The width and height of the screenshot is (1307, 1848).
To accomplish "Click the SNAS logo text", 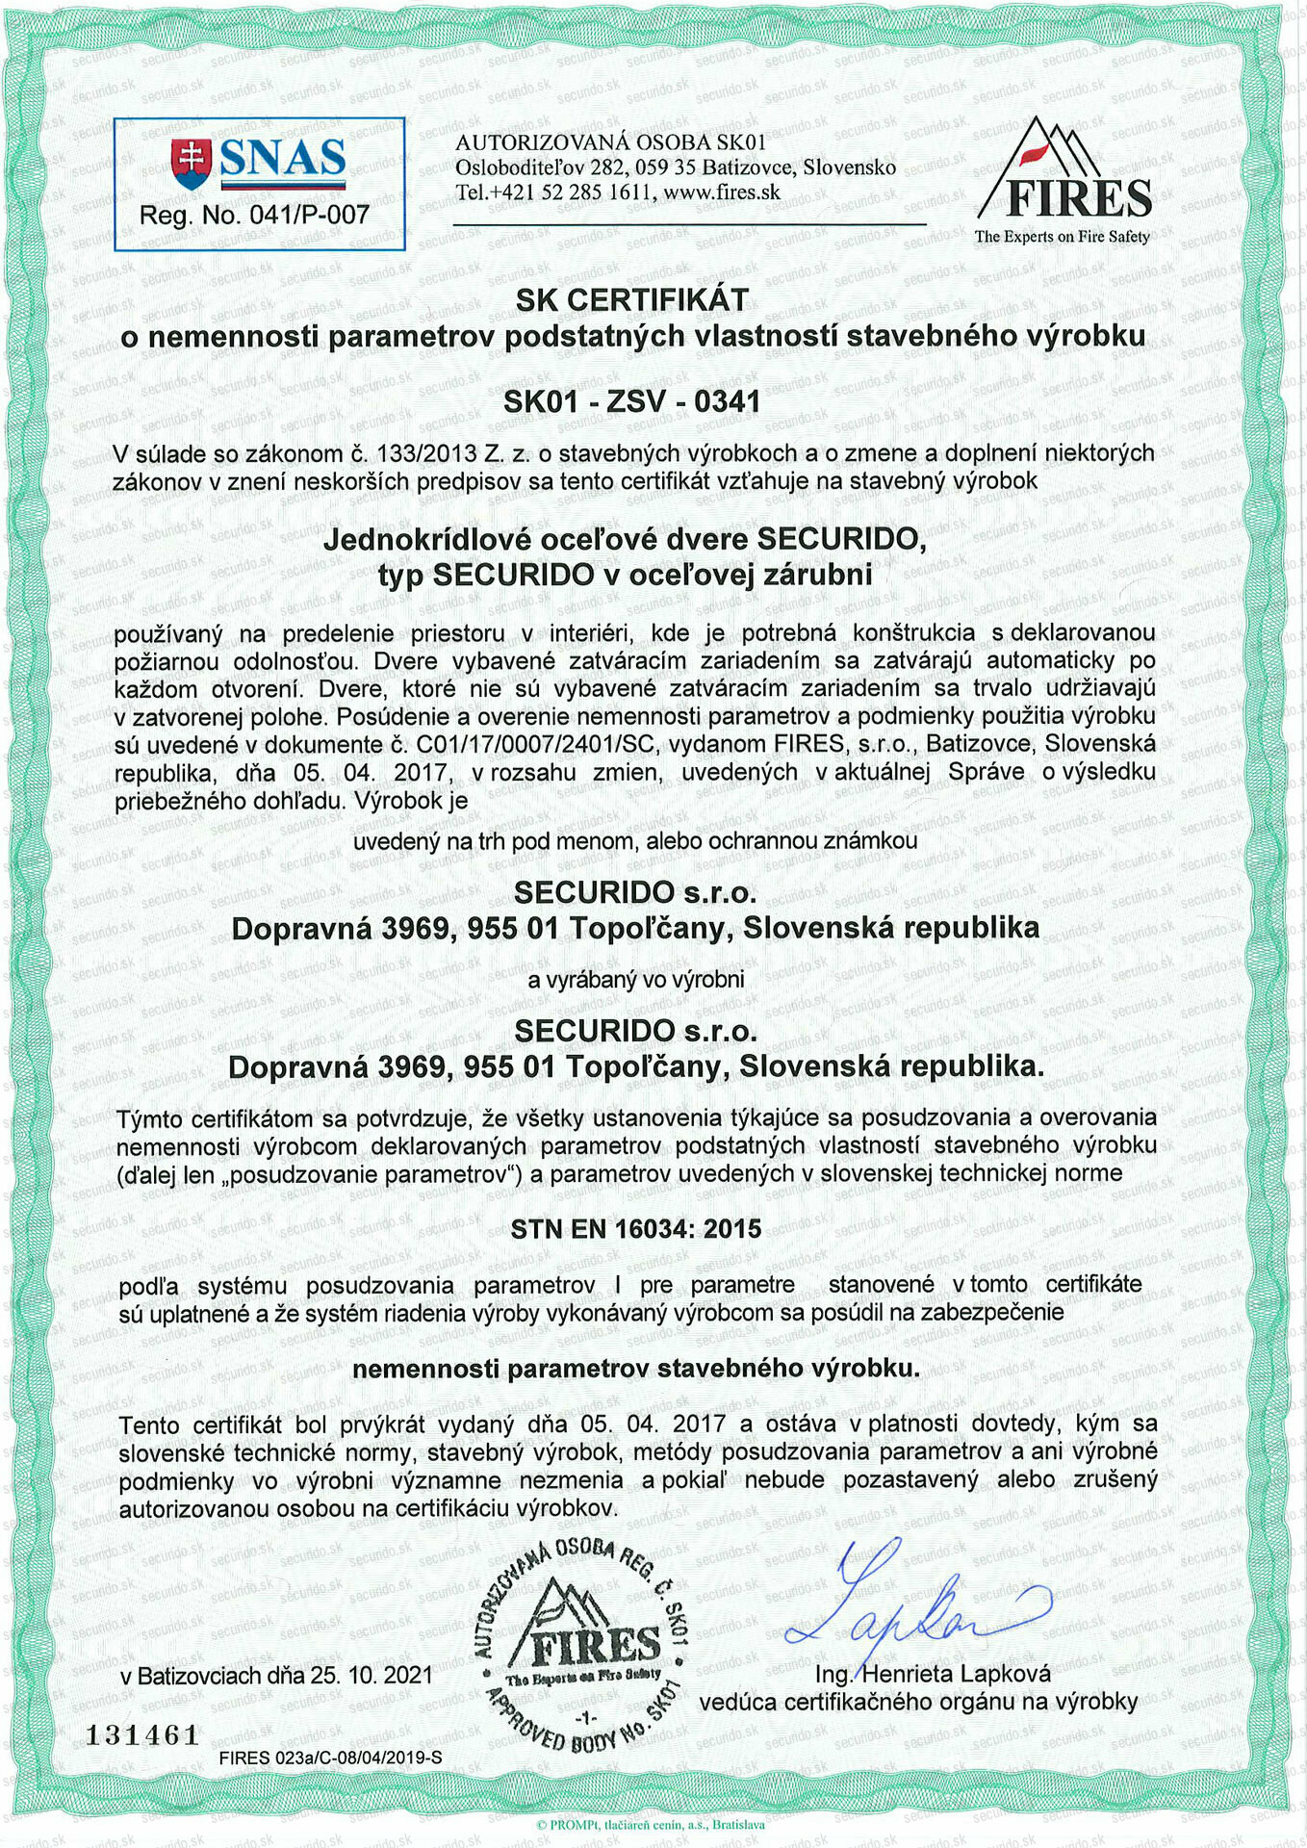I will point(282,160).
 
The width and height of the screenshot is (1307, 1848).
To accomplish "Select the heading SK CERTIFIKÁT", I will point(632,300).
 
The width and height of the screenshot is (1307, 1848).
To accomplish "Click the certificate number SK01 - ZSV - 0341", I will point(632,401).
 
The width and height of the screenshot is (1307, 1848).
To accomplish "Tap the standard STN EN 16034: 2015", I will point(636,1229).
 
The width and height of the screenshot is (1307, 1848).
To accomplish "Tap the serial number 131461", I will point(142,1735).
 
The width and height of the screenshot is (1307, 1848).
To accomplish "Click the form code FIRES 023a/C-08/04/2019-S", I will point(330,1758).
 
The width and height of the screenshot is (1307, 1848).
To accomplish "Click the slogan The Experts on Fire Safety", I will point(1062,237).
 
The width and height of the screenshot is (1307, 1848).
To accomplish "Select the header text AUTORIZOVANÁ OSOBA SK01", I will point(610,143).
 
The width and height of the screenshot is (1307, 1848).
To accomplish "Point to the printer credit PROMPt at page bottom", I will point(651,1824).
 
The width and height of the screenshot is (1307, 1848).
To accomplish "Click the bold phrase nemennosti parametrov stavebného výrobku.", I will point(636,1369).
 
